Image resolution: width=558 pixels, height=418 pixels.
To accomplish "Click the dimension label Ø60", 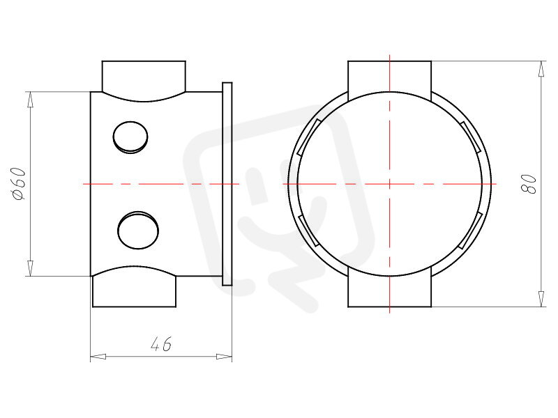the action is click(19, 183).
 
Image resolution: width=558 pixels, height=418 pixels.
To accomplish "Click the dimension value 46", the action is click(161, 344).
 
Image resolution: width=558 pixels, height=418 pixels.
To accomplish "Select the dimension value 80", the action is click(529, 184).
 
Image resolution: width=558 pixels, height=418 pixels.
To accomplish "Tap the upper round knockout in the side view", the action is click(130, 137).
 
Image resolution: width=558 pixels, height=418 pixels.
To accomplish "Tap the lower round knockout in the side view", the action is click(138, 231).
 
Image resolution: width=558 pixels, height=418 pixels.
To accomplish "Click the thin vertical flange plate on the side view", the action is click(227, 184).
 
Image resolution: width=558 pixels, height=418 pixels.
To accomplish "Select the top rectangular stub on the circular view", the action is click(390, 77).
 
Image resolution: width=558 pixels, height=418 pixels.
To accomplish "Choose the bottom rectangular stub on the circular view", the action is click(390, 291).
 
